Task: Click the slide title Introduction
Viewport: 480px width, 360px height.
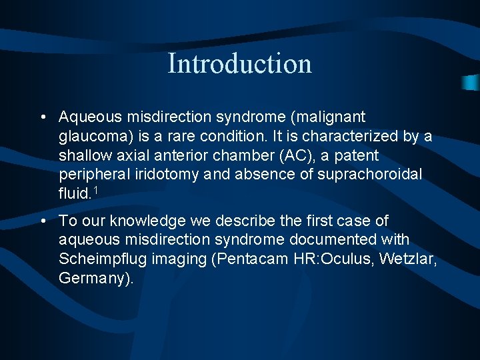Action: [x=239, y=63]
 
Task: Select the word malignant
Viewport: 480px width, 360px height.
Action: [x=332, y=117]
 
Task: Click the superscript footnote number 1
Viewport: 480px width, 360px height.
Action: [x=96, y=191]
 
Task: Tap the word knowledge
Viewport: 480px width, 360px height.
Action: [x=133, y=221]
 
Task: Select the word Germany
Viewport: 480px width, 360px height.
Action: [x=93, y=279]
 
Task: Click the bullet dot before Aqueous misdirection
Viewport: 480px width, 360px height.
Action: [x=42, y=118]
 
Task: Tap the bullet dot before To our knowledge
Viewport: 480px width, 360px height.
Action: [x=42, y=221]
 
